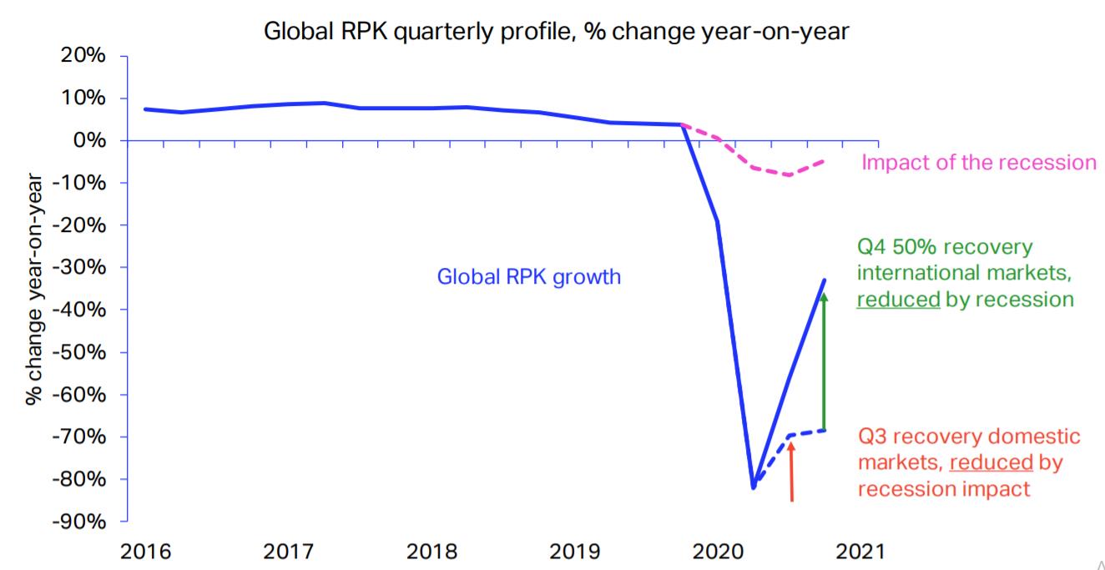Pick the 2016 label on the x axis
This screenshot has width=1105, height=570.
[x=145, y=552]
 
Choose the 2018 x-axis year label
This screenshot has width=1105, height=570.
[x=431, y=552]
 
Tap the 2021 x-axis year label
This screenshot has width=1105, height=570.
[x=859, y=552]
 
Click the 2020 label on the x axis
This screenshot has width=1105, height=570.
[x=717, y=552]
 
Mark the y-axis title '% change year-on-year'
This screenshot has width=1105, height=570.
[x=34, y=288]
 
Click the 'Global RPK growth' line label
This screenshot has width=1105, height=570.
[x=529, y=276]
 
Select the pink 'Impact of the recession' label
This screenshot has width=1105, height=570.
[x=979, y=162]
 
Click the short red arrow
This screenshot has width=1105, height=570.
[x=791, y=472]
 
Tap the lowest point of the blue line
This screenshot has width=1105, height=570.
[x=753, y=487]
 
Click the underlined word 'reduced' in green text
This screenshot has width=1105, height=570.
[x=898, y=299]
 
